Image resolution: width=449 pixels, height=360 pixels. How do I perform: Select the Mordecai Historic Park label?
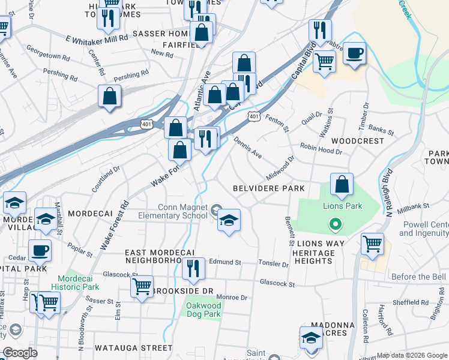point(79,283)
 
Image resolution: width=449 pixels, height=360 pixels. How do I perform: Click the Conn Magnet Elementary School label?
point(173,211)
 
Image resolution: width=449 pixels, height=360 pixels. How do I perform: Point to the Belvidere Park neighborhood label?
point(269,188)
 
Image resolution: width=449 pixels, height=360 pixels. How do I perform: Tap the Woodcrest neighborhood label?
point(357,141)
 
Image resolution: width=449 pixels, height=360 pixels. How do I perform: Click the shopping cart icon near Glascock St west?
point(142,287)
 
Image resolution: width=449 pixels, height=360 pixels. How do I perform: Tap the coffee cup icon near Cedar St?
point(40,250)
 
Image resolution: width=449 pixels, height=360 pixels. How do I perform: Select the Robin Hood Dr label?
point(321,149)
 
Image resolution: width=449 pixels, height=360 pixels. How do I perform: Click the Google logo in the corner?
point(20,353)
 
